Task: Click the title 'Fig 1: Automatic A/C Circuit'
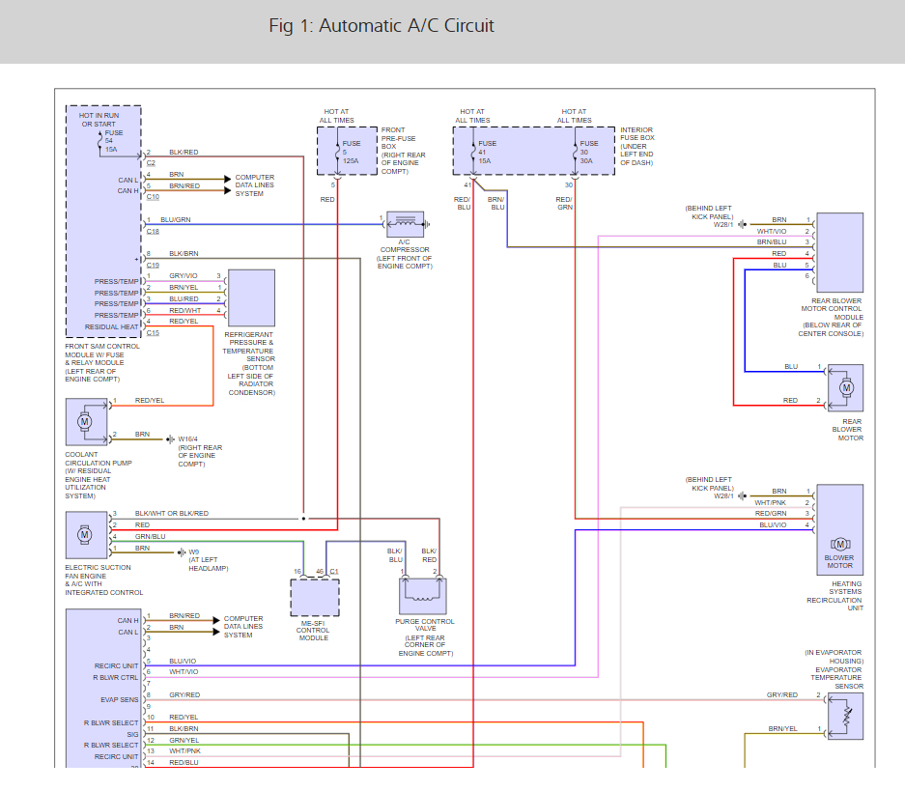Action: pyautogui.click(x=382, y=26)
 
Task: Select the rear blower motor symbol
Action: pyautogui.click(x=846, y=387)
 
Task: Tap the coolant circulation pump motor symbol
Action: pyautogui.click(x=84, y=422)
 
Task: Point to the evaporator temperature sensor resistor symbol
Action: pyautogui.click(x=847, y=717)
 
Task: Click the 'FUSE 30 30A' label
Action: pyautogui.click(x=589, y=153)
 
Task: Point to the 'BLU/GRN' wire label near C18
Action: pyautogui.click(x=176, y=220)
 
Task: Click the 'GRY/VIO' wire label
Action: pyautogui.click(x=184, y=276)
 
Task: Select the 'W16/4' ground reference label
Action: pyautogui.click(x=188, y=439)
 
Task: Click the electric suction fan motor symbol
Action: pyautogui.click(x=84, y=534)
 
